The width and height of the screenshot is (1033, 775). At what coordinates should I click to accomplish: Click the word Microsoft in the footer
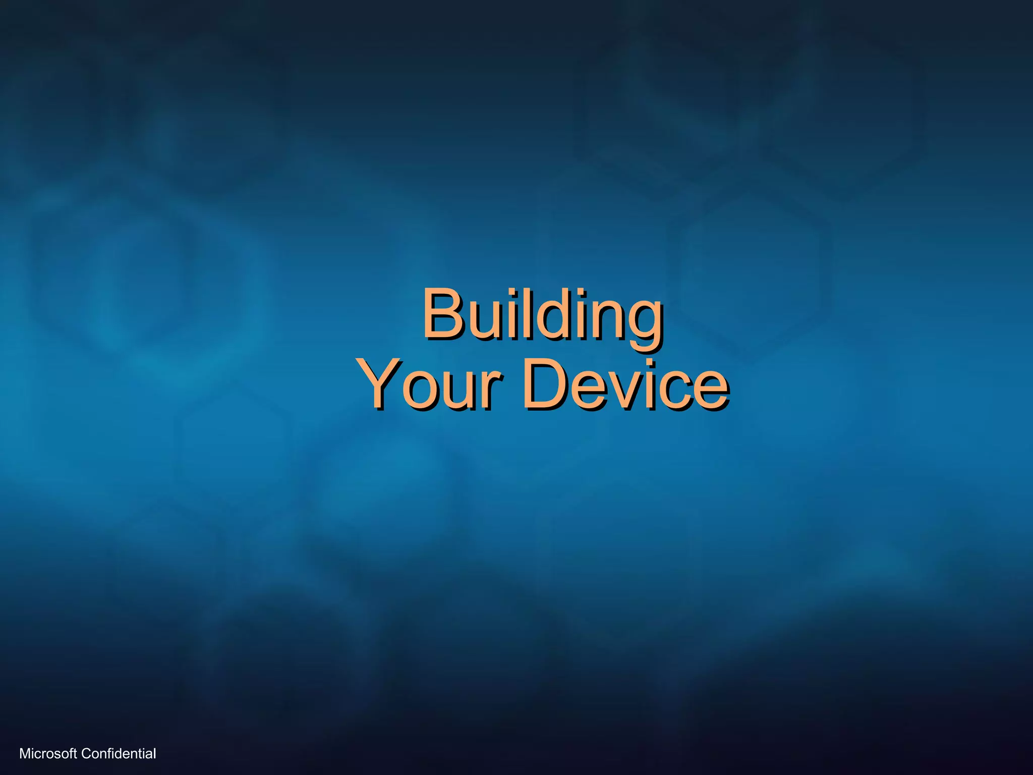coord(48,754)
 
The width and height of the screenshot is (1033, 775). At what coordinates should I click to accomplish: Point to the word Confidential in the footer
coord(119,754)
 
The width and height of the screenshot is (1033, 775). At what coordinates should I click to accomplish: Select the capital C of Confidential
coord(86,754)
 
